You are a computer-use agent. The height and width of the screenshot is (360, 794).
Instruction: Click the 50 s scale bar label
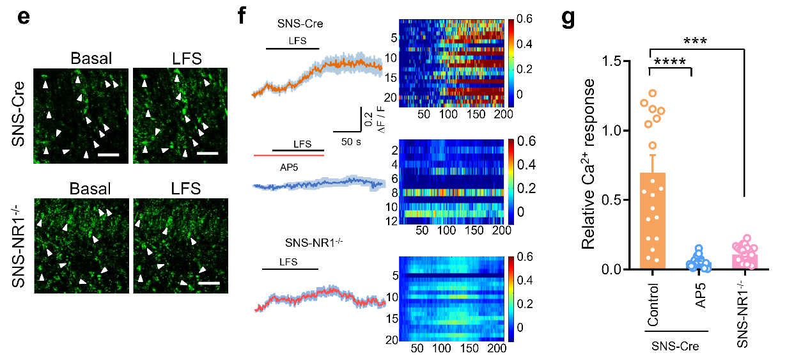[x=349, y=141]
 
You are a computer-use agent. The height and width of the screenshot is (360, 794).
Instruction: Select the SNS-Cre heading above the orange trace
[x=300, y=24]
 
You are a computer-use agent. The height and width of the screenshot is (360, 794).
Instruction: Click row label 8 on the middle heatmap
[x=395, y=192]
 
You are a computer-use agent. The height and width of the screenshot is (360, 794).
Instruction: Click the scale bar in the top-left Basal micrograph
[x=109, y=154]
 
